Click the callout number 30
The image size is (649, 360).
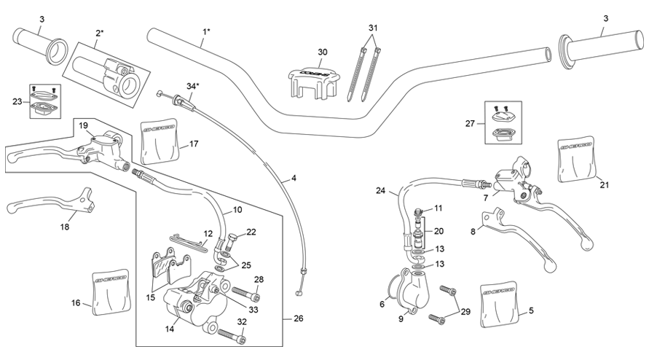point(323,52)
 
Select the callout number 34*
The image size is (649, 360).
point(192,86)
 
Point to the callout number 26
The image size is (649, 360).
point(298,318)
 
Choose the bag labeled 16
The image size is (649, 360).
point(112,289)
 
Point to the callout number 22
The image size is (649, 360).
point(251,232)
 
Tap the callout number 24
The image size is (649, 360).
point(380,192)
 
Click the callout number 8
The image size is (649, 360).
point(472,231)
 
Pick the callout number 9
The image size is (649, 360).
point(401,318)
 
